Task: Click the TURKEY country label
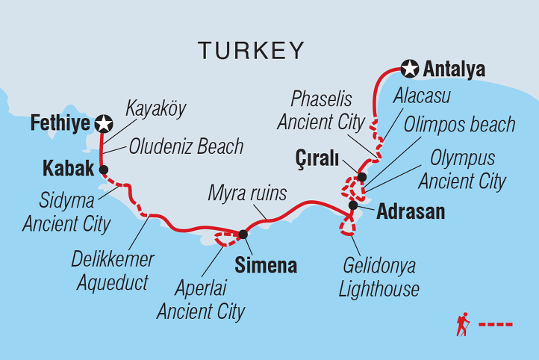[x=252, y=51]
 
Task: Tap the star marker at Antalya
[x=409, y=69]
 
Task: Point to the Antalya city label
[x=454, y=70]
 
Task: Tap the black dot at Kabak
[x=104, y=169]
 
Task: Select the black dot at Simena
[x=243, y=234]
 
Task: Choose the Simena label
[x=266, y=265]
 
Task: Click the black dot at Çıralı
[x=361, y=177]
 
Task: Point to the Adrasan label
[x=411, y=211]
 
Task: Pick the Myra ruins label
[x=247, y=194]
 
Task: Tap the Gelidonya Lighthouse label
[x=381, y=277]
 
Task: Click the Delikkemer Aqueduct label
[x=113, y=271]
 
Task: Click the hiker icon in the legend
[x=464, y=324]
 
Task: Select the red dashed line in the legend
[x=496, y=324]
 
